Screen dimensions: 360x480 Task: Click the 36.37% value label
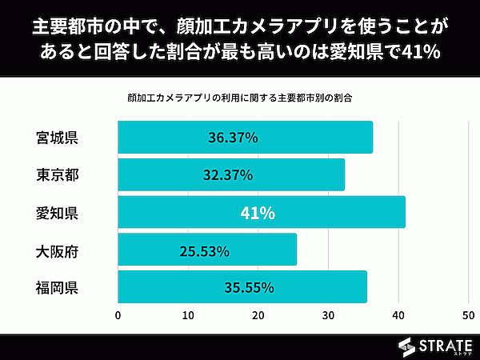(233, 138)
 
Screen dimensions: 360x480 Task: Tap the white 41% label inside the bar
(258, 214)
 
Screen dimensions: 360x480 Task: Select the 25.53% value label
(204, 251)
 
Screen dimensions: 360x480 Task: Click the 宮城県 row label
(57, 137)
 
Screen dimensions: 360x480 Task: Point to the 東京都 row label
(57, 174)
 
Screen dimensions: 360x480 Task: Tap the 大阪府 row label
(57, 250)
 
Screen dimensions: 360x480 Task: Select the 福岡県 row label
(57, 287)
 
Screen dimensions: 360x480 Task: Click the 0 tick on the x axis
(118, 315)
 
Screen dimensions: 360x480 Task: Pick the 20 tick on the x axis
(258, 315)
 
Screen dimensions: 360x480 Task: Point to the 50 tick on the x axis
(466, 315)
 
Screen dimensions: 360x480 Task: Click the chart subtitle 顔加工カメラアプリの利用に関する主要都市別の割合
(240, 98)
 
